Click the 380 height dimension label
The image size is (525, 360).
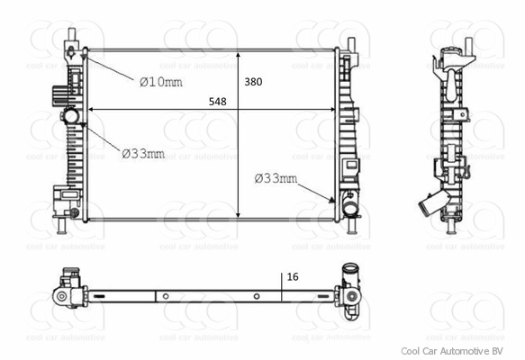[253, 82]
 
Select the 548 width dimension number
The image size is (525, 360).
[216, 102]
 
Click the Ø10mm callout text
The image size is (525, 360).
[160, 82]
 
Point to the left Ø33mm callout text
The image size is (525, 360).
[143, 154]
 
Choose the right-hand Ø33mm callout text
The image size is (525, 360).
[275, 178]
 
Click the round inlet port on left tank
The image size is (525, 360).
[71, 117]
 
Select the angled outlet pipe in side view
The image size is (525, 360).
[434, 207]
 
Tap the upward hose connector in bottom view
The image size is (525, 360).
[348, 270]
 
